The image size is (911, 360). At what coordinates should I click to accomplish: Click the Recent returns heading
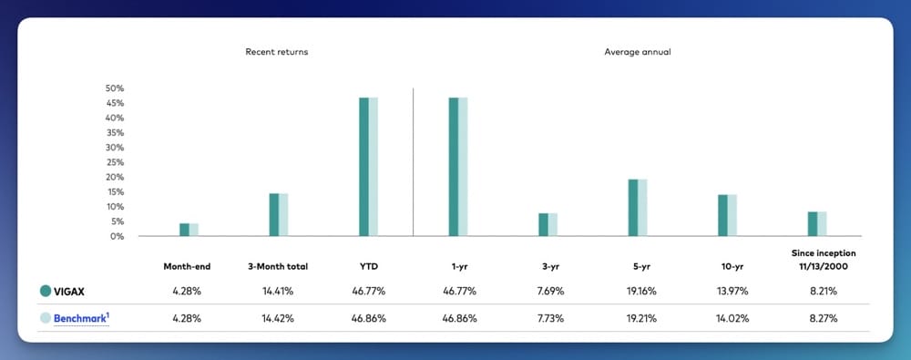(277, 52)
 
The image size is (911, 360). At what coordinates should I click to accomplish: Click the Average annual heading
(638, 52)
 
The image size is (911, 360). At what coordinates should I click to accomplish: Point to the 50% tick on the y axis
(115, 88)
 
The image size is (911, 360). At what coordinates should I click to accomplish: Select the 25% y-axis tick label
(115, 162)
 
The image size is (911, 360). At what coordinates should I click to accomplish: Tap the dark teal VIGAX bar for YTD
(363, 167)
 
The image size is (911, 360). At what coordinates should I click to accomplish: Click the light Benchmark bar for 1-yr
(463, 167)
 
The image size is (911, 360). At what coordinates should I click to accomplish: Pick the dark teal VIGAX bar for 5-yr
(633, 208)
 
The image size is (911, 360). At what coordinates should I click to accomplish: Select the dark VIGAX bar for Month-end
(184, 230)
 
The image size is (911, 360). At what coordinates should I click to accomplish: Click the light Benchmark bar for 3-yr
(553, 225)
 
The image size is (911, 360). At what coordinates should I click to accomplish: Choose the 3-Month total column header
(278, 266)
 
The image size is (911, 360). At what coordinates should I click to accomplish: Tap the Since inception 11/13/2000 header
(817, 259)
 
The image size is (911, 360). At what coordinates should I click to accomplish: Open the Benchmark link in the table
(80, 317)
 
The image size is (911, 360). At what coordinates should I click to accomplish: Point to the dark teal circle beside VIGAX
(46, 292)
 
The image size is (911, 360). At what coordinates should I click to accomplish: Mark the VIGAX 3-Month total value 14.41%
(278, 292)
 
